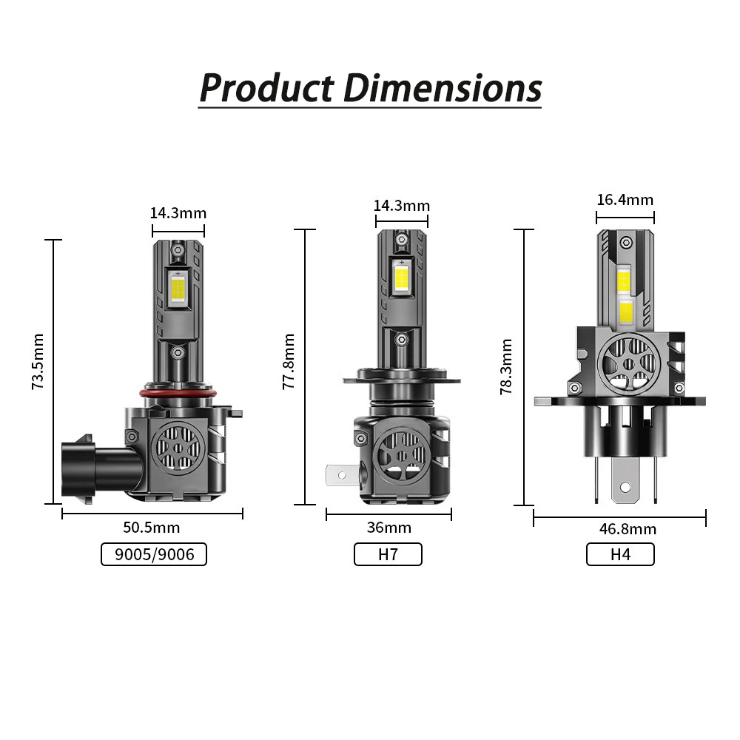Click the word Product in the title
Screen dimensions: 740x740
pos(267,88)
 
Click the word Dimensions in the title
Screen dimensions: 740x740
pos(443,88)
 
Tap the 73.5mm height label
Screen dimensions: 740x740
pos(38,362)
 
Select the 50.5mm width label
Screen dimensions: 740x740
pos(152,527)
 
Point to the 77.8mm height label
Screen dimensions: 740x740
pos(289,362)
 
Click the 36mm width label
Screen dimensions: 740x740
pos(389,527)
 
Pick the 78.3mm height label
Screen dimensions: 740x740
pos(506,366)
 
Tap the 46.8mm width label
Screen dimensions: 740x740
pos(628,529)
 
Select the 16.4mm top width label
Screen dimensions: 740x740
pos(625,200)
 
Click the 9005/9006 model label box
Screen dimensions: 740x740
pos(154,554)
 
